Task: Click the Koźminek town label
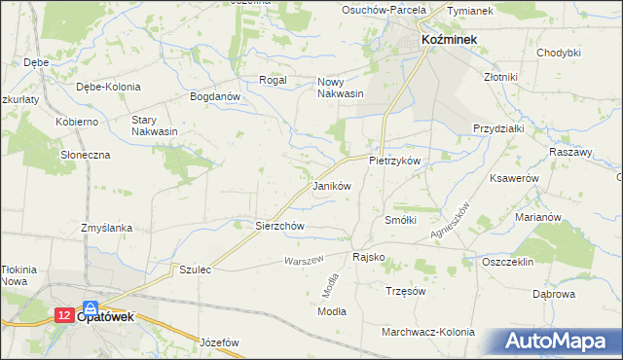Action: click(448, 39)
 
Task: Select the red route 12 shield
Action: click(62, 315)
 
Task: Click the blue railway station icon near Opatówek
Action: click(91, 306)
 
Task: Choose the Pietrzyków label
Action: click(394, 160)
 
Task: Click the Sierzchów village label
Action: click(280, 226)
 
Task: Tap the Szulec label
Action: click(195, 269)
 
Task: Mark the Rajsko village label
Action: click(368, 258)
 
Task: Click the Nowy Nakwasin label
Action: click(341, 88)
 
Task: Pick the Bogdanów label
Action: click(215, 97)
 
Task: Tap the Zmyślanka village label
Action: click(107, 228)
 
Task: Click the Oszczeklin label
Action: click(509, 262)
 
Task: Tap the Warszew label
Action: click(302, 261)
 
